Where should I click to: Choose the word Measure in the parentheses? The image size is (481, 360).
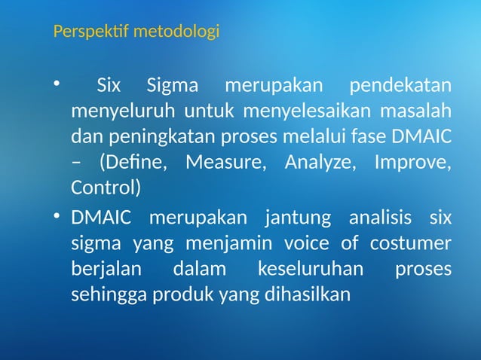point(224,163)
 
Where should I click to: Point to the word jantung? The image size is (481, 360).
point(298,219)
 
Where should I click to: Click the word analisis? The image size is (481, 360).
point(381,219)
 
